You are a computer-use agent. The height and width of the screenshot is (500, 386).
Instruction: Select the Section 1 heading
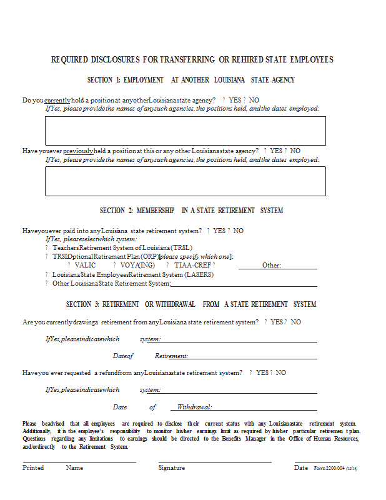tap(191, 80)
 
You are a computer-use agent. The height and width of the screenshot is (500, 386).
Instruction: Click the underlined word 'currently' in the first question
tap(57, 100)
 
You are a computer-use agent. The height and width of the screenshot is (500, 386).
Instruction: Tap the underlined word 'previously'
tap(78, 151)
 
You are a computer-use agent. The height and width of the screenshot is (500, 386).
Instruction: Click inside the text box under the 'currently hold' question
tap(185, 131)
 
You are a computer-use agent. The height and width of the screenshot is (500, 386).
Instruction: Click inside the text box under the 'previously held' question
tap(185, 181)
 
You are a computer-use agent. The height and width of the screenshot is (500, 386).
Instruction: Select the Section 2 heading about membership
tap(191, 211)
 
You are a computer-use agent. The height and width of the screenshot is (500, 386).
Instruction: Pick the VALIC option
tap(84, 265)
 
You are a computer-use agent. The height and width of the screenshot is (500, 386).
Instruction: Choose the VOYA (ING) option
tap(138, 265)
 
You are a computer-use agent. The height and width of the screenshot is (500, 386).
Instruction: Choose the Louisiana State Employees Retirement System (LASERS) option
tap(132, 274)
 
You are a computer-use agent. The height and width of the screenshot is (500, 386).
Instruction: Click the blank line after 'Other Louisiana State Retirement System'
tap(244, 285)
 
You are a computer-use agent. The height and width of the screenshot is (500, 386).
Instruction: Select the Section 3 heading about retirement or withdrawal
tap(191, 304)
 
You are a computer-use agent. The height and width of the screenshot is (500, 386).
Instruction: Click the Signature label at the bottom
tap(172, 467)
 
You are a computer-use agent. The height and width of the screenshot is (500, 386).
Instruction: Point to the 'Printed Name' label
tap(52, 467)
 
